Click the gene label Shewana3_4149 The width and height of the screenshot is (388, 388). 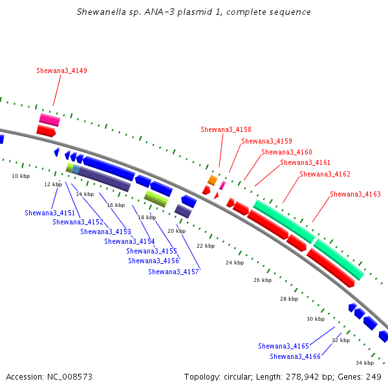click(61, 70)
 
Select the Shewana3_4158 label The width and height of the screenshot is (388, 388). click(226, 130)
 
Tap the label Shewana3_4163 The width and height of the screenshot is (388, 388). click(355, 194)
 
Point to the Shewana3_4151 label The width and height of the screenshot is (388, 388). click(50, 213)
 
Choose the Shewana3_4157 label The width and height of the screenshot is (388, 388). click(173, 272)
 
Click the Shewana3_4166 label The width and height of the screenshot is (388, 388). click(296, 356)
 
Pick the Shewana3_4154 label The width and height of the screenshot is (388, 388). click(129, 241)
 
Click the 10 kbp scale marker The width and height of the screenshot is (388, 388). click(21, 176)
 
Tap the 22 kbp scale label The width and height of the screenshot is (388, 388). click(206, 246)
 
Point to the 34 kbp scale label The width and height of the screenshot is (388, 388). click(365, 363)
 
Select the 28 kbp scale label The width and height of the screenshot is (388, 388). click(289, 299)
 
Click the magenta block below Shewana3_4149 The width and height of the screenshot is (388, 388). click(50, 120)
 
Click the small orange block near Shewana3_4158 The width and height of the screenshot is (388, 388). click(212, 180)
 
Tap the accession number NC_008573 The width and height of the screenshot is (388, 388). click(70, 377)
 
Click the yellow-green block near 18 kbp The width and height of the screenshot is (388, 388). click(156, 199)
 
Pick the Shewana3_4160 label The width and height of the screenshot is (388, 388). click(286, 152)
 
